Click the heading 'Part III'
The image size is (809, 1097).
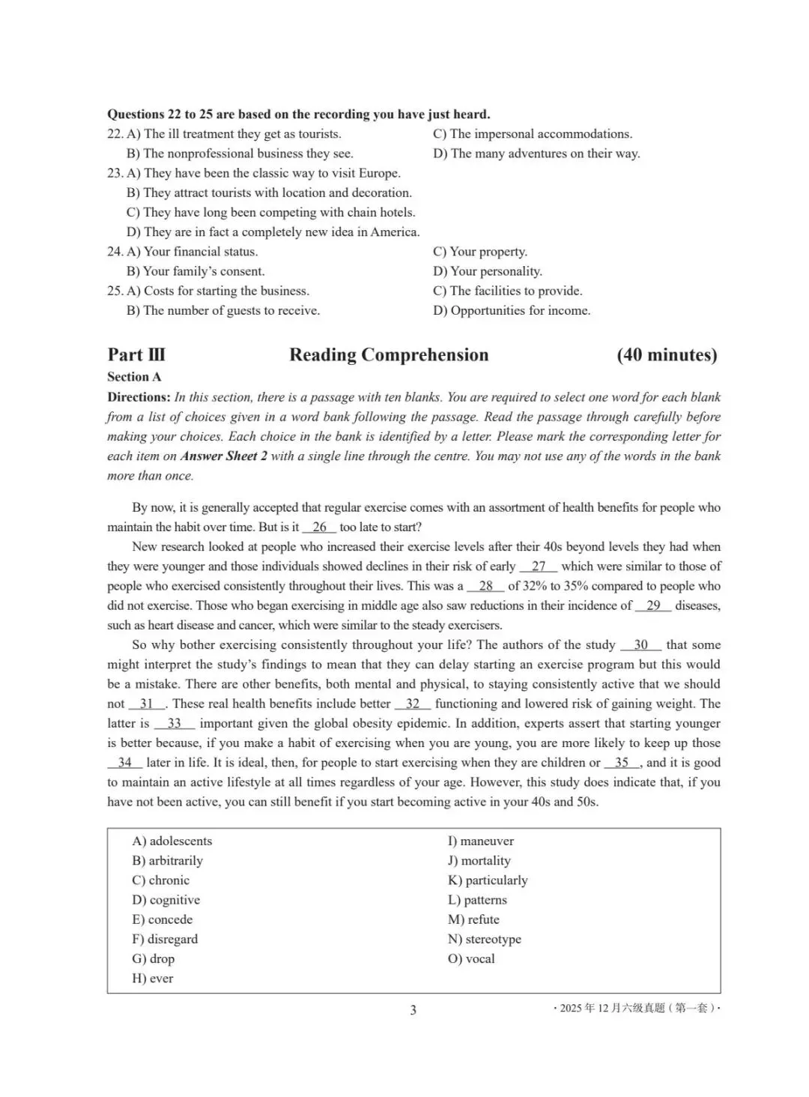pos(136,355)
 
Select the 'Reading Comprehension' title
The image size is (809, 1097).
pos(389,355)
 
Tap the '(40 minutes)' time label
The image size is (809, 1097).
pos(667,355)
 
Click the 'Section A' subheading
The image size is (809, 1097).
pos(134,377)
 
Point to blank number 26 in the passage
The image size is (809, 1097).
pos(319,527)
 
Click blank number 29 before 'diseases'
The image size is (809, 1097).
pos(653,605)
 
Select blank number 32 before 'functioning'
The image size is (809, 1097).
pos(413,704)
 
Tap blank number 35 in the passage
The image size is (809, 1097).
pos(622,763)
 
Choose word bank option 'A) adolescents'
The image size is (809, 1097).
pos(172,841)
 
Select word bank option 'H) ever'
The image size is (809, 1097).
pos(153,979)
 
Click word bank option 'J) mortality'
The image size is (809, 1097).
pos(479,861)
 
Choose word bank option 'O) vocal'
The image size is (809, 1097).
pos(471,959)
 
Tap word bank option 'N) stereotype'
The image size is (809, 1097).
pos(485,940)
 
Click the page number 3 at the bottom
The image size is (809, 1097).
pos(413,1010)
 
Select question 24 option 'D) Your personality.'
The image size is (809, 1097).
pos(488,271)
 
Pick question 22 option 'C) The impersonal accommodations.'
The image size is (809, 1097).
pos(533,134)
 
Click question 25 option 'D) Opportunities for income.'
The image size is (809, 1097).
pos(512,311)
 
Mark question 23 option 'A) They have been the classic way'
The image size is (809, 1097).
pos(264,173)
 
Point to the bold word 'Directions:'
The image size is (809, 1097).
pos(139,397)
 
